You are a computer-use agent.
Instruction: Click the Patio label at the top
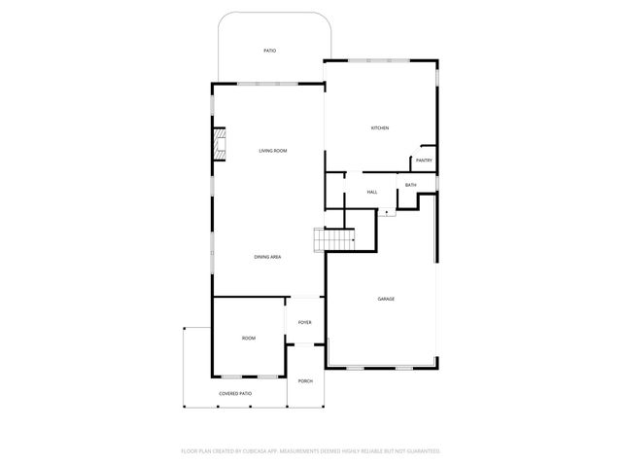(x=270, y=51)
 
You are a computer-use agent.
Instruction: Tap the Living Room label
(x=272, y=151)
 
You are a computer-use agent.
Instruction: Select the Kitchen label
(x=380, y=128)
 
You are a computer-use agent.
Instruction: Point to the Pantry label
(x=424, y=161)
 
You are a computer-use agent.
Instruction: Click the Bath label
(x=410, y=185)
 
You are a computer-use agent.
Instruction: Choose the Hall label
(x=372, y=192)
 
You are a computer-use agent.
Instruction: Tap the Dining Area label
(x=267, y=256)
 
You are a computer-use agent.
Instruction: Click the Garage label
(x=386, y=299)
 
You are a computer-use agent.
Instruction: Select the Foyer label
(x=304, y=320)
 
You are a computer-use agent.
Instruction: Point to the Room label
(x=249, y=338)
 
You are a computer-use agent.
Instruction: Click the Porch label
(x=304, y=380)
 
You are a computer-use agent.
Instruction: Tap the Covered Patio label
(x=235, y=393)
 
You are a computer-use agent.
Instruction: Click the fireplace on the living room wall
(x=221, y=147)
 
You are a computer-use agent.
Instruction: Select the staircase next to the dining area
(x=332, y=239)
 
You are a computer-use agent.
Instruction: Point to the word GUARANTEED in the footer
(x=419, y=451)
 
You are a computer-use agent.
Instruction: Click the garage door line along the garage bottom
(x=382, y=368)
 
